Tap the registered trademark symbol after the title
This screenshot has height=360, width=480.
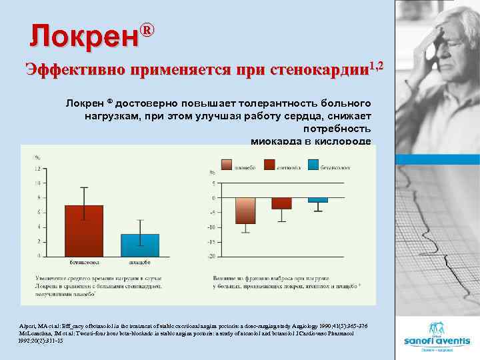(148, 30)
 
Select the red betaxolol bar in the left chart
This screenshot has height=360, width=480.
(84, 230)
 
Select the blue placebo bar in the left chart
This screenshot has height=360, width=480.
(140, 244)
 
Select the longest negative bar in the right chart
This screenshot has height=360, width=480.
(245, 211)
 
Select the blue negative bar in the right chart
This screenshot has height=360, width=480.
(318, 200)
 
